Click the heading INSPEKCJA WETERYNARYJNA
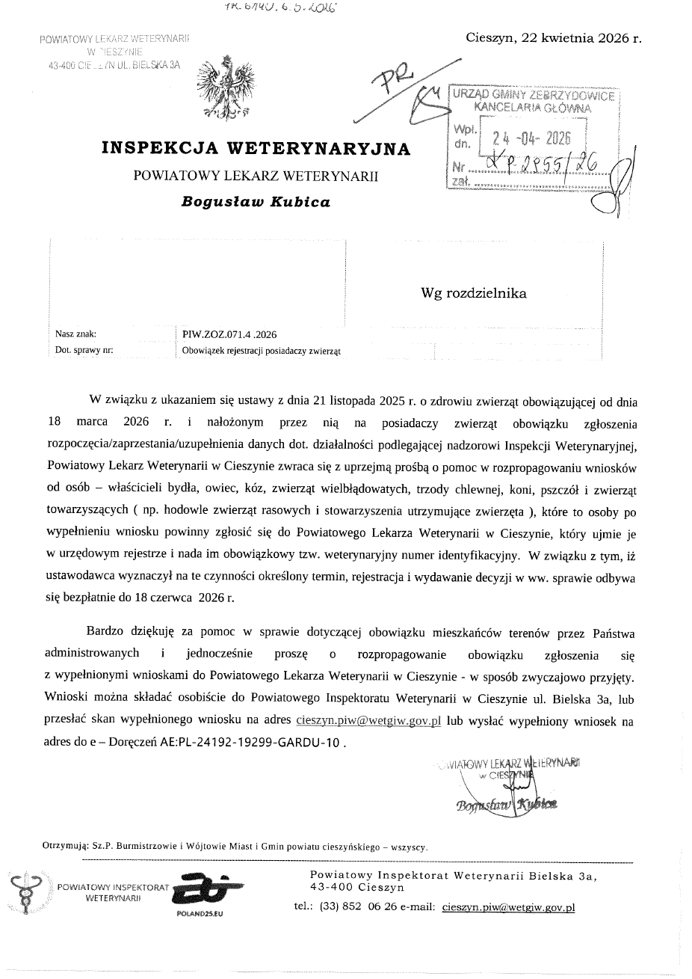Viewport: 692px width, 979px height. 256,148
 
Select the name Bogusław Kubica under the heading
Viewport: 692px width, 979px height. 256,202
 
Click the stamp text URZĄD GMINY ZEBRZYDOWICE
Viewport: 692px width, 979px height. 533,96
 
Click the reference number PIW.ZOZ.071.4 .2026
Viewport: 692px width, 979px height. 229,334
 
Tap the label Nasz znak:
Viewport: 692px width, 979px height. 75,334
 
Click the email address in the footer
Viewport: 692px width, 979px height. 508,907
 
